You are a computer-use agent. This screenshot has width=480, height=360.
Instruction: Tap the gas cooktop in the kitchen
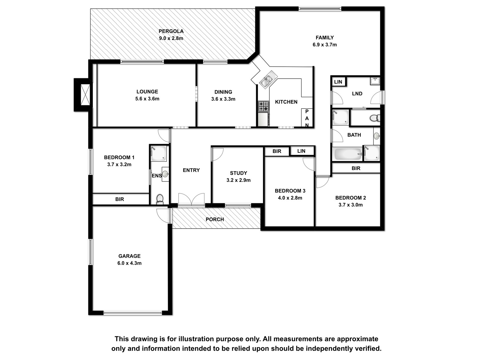click(263, 106)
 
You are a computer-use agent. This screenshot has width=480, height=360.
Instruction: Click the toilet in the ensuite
click(160, 199)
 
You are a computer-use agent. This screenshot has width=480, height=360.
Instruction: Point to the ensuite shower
click(158, 153)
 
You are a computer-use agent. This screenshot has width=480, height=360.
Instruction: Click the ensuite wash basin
click(165, 174)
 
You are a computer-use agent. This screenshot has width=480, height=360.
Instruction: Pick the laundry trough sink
click(375, 81)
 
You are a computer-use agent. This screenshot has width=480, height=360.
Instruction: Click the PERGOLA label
click(171, 31)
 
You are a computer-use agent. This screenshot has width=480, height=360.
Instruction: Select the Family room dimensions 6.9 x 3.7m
click(325, 45)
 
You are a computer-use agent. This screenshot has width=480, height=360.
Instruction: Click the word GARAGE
click(130, 256)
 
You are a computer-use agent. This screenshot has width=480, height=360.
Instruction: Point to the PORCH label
click(215, 219)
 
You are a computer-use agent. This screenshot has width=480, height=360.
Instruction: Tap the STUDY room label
click(238, 173)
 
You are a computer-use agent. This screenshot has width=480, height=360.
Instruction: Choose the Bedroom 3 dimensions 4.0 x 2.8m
click(290, 198)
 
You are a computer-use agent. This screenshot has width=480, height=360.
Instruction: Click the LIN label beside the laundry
click(338, 82)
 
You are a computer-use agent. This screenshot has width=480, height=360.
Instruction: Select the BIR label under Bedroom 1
click(120, 199)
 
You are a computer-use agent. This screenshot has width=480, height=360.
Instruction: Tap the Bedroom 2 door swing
click(322, 181)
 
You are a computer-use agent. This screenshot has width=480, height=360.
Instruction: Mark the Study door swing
click(217, 154)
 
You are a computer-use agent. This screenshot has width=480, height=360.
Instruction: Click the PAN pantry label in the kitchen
click(307, 118)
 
